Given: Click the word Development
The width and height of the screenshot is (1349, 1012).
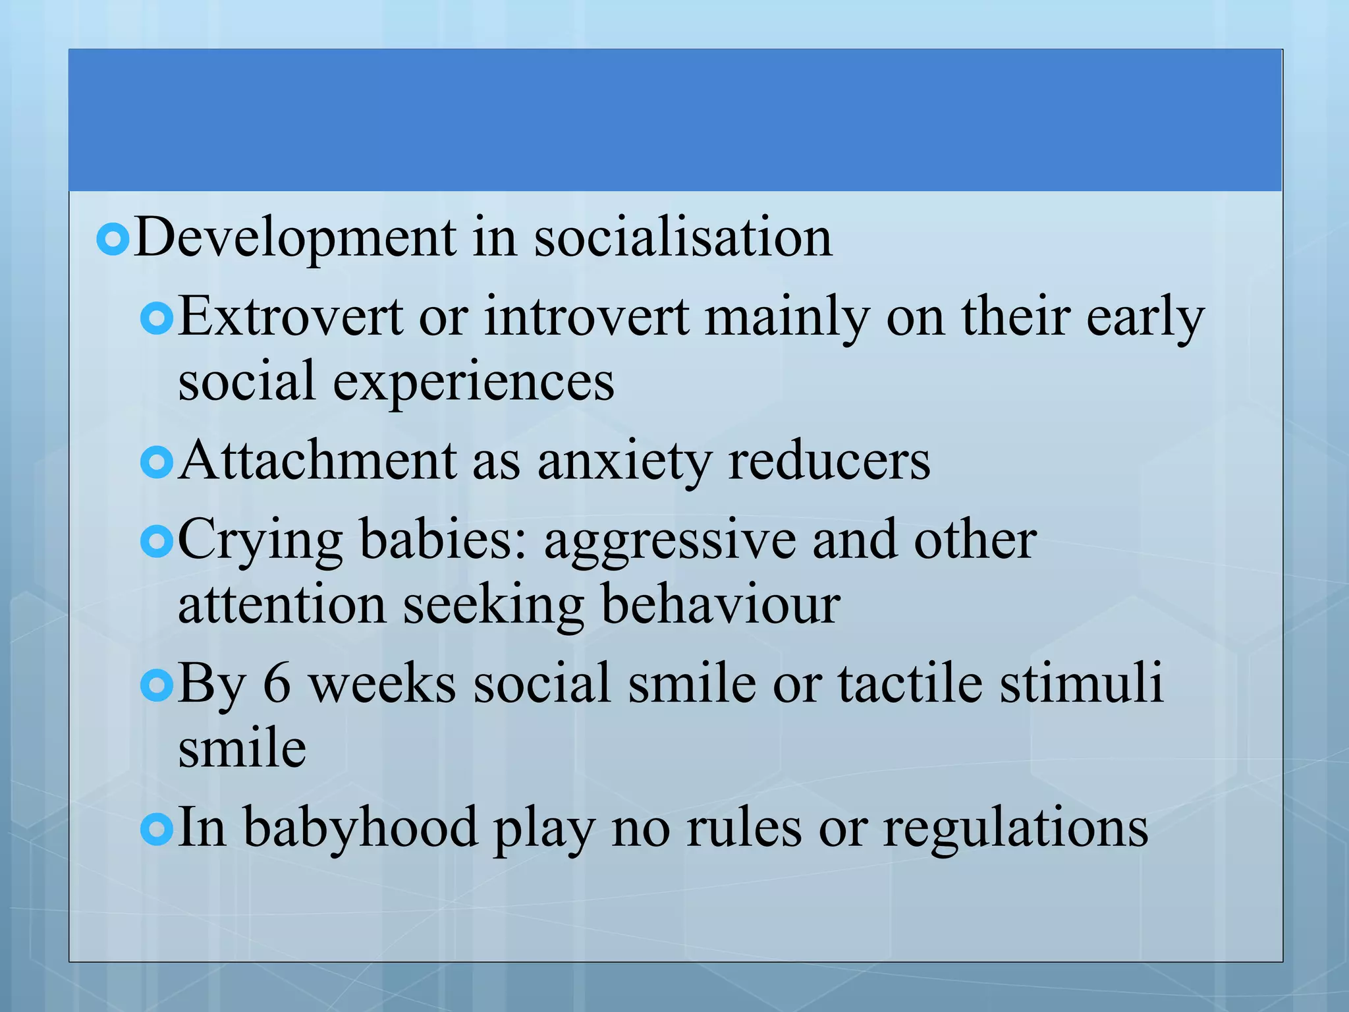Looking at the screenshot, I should pyautogui.click(x=295, y=239).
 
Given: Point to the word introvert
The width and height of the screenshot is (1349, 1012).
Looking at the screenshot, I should pyautogui.click(x=587, y=318).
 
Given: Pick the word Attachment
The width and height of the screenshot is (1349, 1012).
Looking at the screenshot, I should pyautogui.click(x=317, y=461).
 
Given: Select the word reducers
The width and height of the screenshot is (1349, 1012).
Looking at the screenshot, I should pyautogui.click(x=829, y=461).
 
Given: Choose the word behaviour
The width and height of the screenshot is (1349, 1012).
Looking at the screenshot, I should pyautogui.click(x=721, y=604).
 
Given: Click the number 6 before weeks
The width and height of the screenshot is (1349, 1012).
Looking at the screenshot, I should pyautogui.click(x=277, y=683).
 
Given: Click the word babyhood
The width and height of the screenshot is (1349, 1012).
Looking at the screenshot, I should pyautogui.click(x=360, y=828).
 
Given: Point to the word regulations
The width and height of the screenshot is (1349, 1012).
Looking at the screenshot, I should pyautogui.click(x=1016, y=828).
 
